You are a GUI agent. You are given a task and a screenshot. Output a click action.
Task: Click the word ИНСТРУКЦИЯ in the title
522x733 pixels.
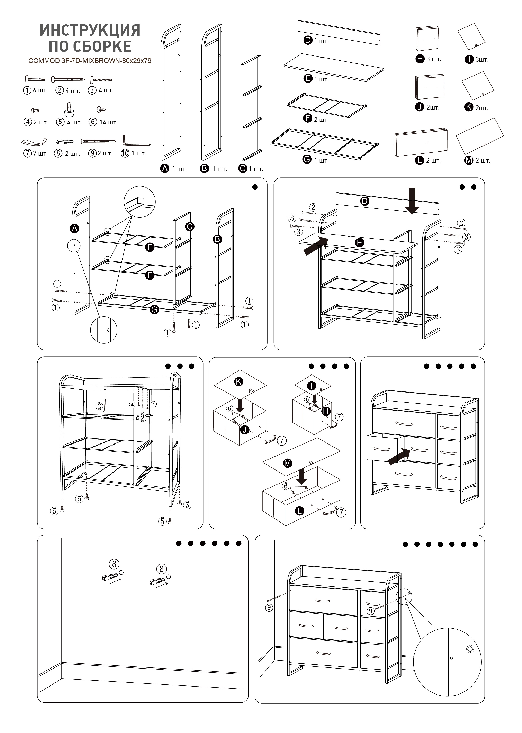pyautogui.click(x=90, y=30)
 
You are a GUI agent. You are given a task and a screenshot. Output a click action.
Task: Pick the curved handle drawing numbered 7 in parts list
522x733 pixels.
pyautogui.click(x=34, y=141)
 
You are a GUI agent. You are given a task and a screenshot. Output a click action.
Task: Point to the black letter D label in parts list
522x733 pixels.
pyautogui.click(x=308, y=40)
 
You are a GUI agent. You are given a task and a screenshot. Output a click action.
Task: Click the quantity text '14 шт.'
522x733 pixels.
pyautogui.click(x=109, y=122)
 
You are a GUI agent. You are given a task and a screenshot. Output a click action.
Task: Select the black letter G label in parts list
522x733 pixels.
pyautogui.click(x=307, y=159)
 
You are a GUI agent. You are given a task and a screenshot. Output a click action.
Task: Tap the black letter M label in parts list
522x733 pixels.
pyautogui.click(x=469, y=160)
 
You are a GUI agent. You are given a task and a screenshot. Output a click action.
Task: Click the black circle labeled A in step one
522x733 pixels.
pyautogui.click(x=75, y=228)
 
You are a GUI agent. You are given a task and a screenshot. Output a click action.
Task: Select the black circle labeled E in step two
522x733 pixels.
pyautogui.click(x=360, y=243)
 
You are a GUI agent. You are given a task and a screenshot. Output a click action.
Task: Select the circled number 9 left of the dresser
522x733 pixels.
pyautogui.click(x=269, y=607)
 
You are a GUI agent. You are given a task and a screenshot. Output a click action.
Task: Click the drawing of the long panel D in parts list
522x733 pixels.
pyautogui.click(x=339, y=32)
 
